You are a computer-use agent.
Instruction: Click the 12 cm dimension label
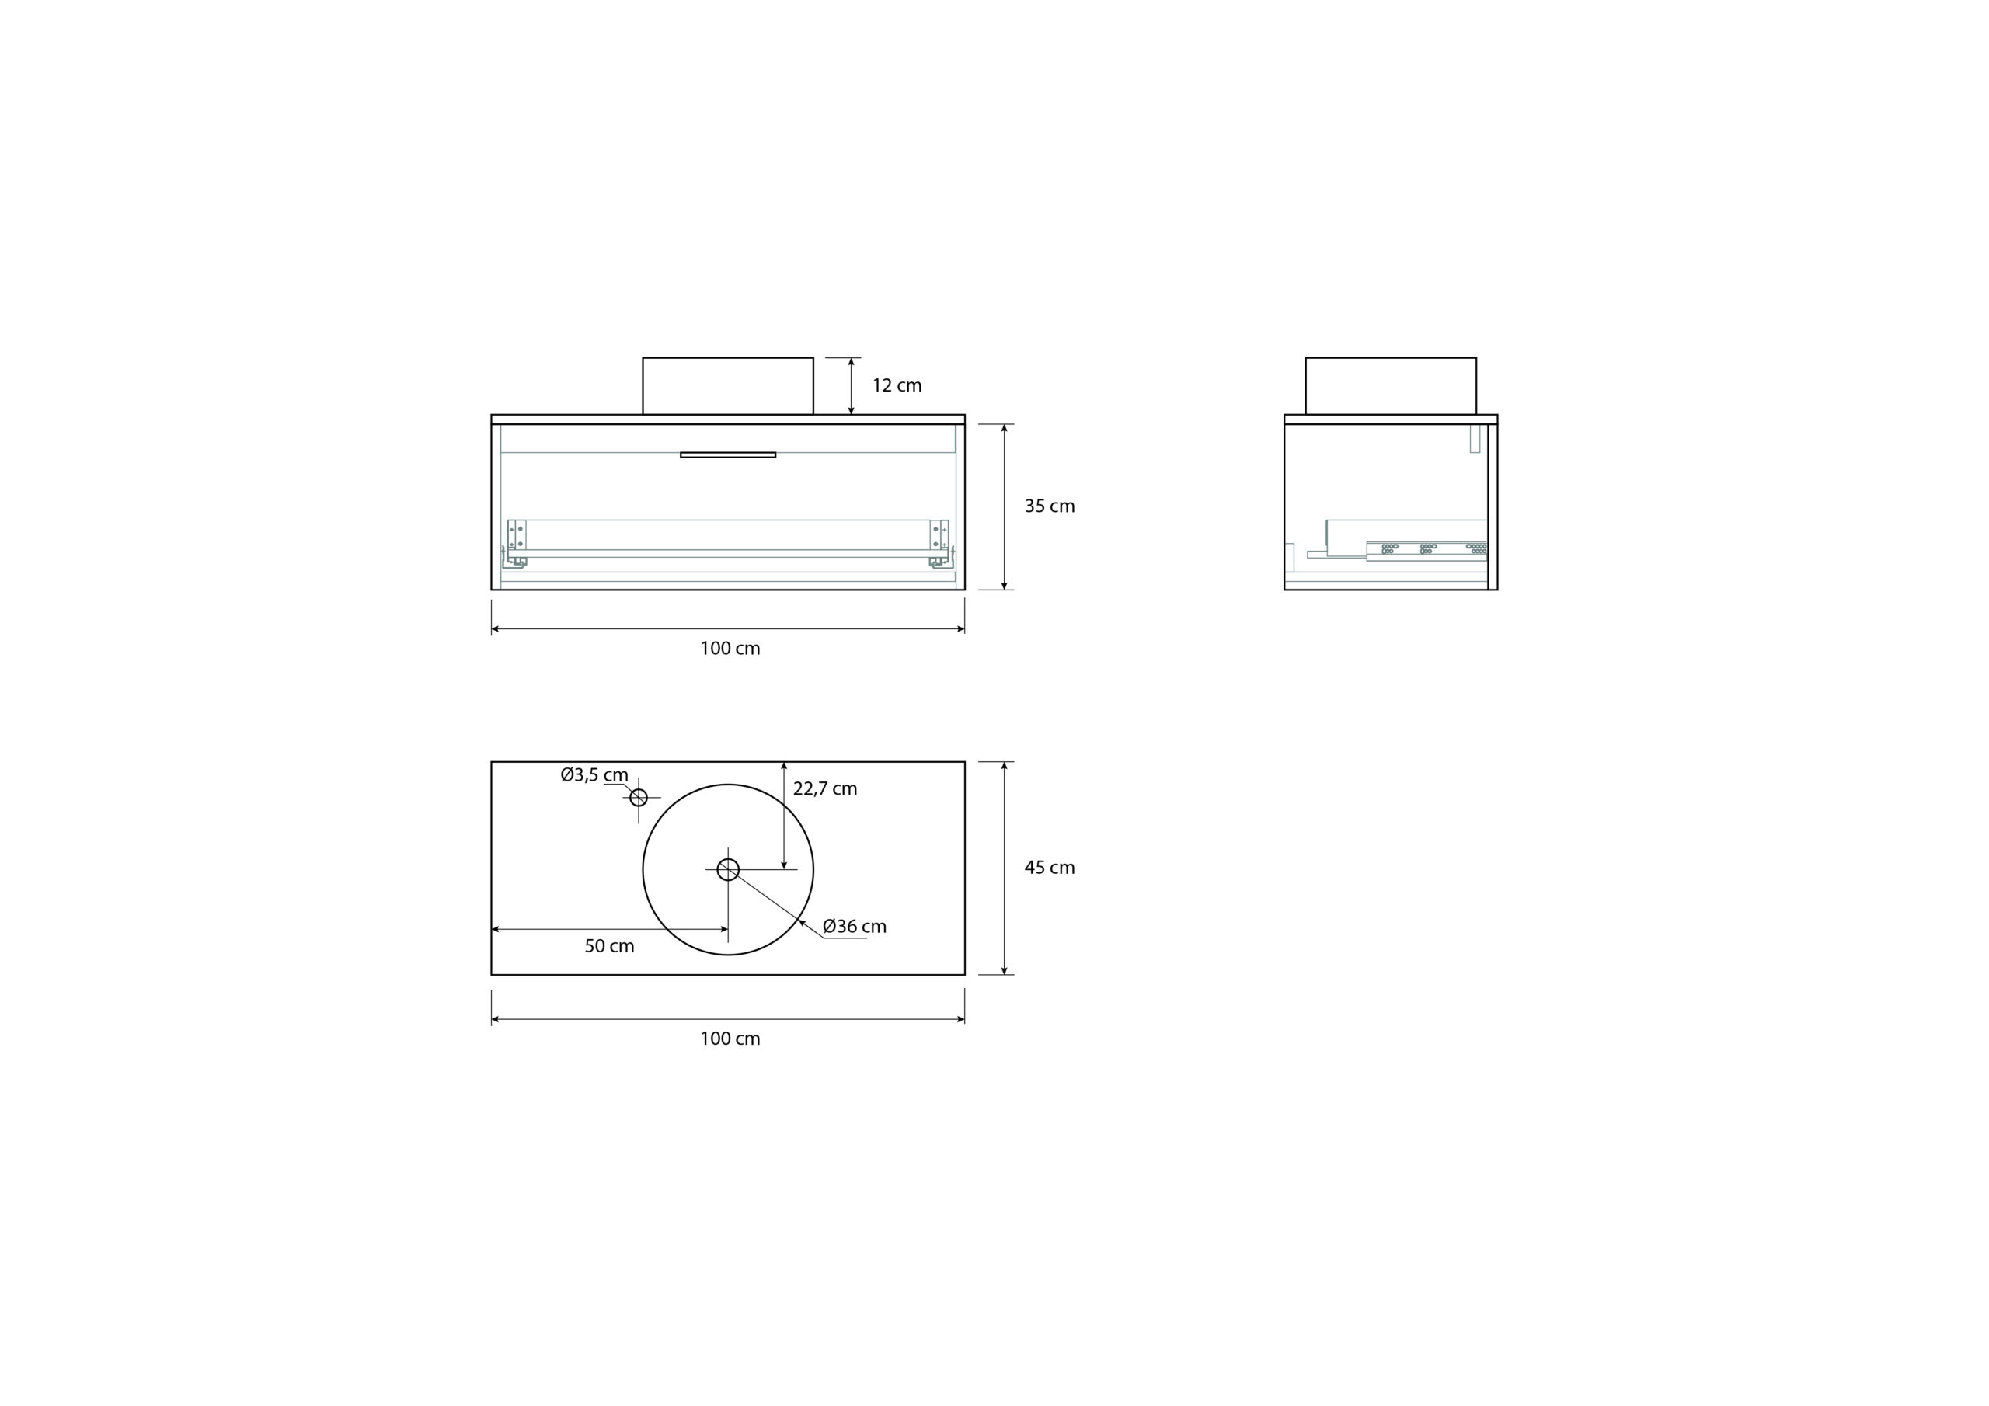tap(897, 385)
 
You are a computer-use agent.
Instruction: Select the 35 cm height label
tap(1049, 506)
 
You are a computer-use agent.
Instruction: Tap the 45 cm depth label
tap(1049, 867)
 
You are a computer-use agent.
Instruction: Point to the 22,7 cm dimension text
tap(824, 788)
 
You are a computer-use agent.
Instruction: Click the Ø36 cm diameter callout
tap(854, 926)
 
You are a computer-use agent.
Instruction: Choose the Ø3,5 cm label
tap(594, 775)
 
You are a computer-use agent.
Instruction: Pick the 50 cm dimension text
tap(609, 946)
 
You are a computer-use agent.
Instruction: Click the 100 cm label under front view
tap(730, 648)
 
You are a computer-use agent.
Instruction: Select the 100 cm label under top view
tap(730, 1038)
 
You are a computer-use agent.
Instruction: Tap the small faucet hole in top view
tap(639, 797)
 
